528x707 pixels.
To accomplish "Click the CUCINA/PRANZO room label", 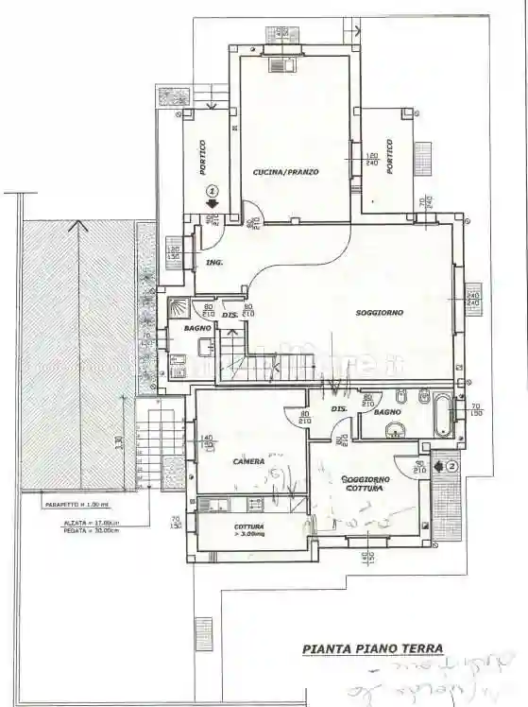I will (x=285, y=173).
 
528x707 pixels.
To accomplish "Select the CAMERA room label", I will (x=248, y=460).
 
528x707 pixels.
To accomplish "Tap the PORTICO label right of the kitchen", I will (x=388, y=156).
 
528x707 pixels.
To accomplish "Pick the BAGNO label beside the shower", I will (x=197, y=327).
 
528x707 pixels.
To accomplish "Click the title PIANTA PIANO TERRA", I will (x=372, y=649).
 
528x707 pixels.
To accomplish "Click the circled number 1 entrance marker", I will (x=213, y=187).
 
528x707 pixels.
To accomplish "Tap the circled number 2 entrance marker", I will (x=451, y=465).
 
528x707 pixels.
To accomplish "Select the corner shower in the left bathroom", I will (x=178, y=308).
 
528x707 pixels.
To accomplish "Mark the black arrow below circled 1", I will (x=213, y=201).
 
